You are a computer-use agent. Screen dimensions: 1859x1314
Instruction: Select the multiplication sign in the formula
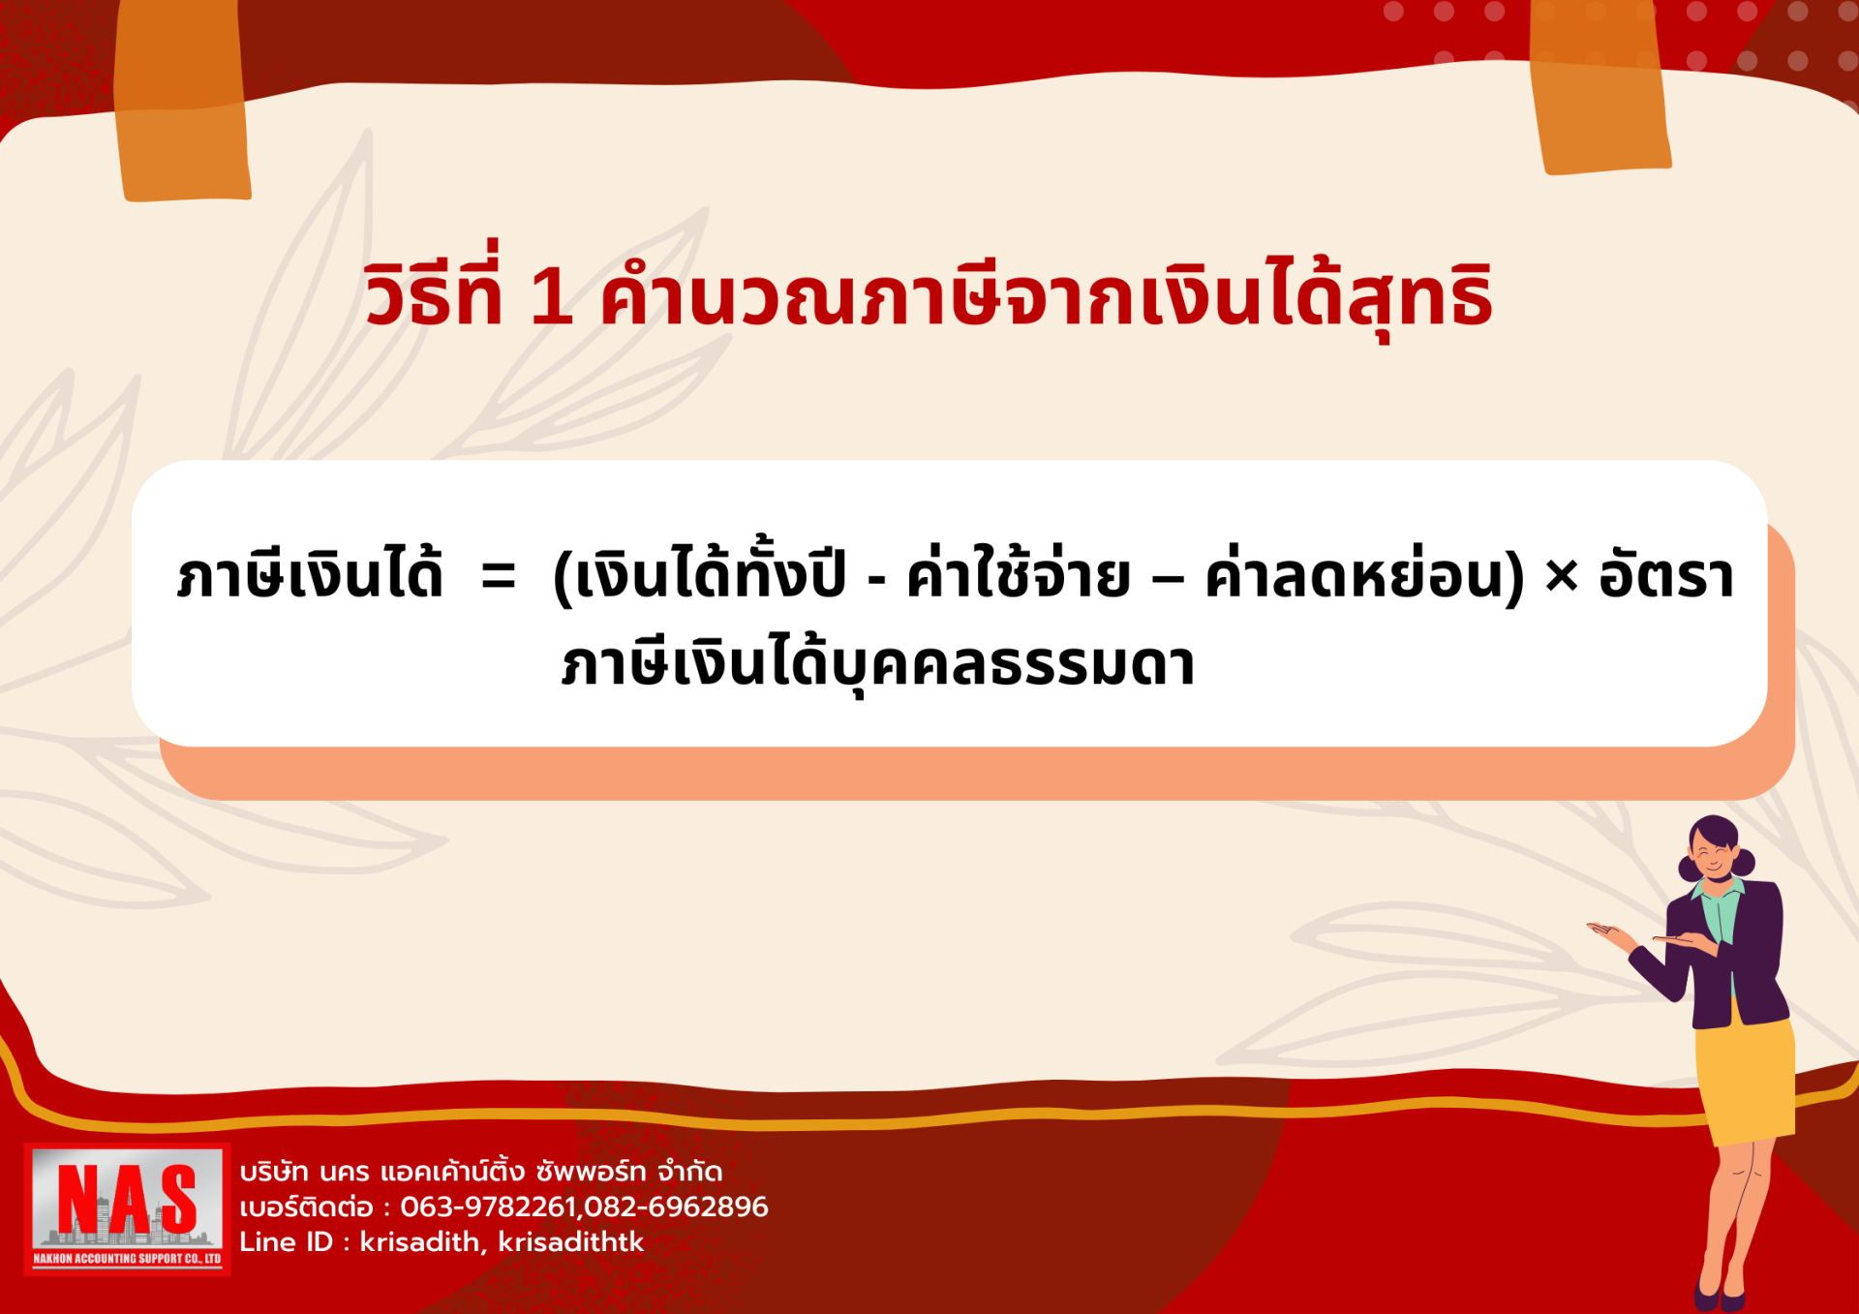[1561, 577]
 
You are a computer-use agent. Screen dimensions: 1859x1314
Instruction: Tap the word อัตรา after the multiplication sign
[1666, 571]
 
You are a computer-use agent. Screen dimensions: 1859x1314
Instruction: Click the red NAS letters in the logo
[127, 1200]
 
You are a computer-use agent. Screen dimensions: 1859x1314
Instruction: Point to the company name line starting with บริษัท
[481, 1171]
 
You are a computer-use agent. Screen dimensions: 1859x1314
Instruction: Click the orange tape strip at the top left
[181, 101]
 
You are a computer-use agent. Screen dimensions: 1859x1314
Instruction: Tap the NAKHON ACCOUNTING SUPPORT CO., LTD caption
[127, 1259]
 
